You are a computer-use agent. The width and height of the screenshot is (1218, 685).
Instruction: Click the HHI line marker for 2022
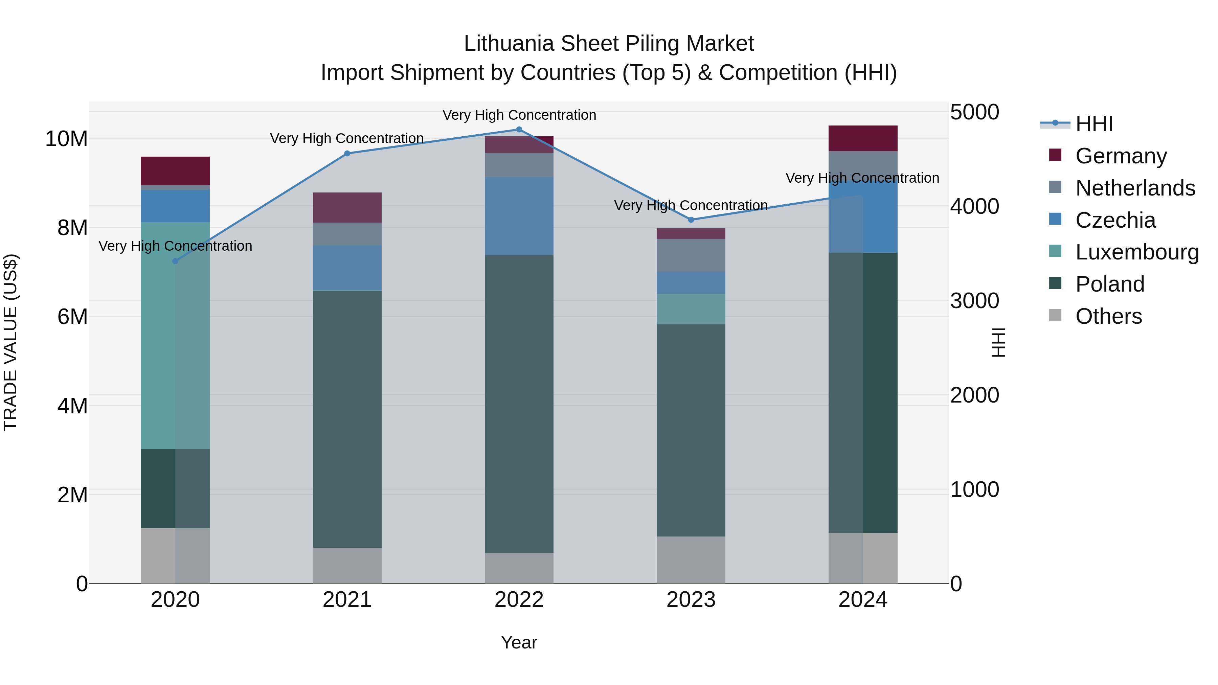point(519,130)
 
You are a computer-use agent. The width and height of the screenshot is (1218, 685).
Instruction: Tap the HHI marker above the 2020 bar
point(175,261)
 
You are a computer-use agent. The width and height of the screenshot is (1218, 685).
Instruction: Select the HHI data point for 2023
point(691,220)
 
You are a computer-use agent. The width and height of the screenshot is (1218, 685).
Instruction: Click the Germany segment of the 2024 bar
point(863,138)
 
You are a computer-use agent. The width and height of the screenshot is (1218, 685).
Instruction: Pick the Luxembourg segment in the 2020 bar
point(175,336)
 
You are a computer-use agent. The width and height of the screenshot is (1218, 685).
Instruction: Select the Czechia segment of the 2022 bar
point(519,216)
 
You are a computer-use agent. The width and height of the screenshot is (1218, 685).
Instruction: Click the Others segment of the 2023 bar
point(691,560)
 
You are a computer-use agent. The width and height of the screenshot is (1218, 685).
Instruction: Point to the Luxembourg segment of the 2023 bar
point(691,309)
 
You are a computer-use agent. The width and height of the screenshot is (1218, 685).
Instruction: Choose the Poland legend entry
point(1109,284)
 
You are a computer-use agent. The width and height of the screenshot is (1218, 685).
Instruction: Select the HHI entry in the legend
point(1093,124)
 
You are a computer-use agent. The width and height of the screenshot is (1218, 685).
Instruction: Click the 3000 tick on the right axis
point(974,301)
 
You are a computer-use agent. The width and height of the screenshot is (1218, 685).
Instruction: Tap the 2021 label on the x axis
point(347,600)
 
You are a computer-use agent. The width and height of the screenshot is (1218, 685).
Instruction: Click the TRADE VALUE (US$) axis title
point(10,342)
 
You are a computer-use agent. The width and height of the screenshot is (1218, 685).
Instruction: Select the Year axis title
point(519,642)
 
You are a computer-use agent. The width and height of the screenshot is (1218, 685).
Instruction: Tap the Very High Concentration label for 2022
point(519,115)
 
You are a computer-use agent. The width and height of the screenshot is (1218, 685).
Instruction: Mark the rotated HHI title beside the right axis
point(998,342)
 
